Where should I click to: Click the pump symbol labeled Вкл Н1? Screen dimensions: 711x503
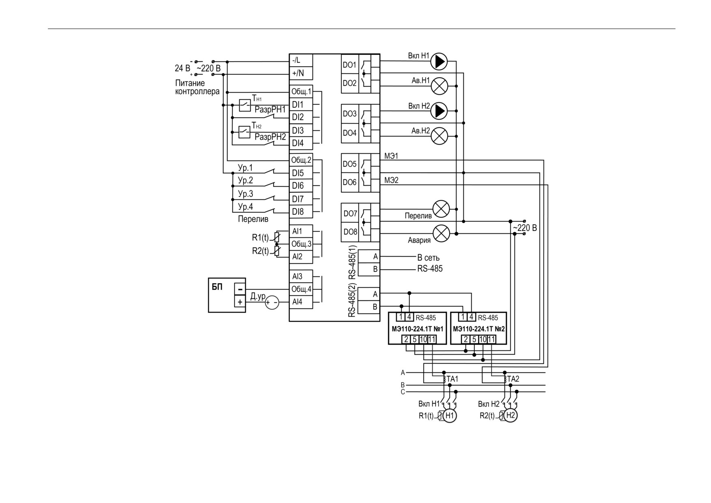(439, 62)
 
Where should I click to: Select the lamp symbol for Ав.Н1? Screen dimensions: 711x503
(439, 86)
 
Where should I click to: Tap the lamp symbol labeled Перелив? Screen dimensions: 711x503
(441, 209)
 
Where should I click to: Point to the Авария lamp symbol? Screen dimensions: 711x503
(442, 233)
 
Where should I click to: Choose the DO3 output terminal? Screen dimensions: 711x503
(349, 114)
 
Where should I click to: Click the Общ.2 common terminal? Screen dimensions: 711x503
(301, 160)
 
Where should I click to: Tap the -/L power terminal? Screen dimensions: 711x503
(301, 60)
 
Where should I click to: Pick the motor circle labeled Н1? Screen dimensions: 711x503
(449, 415)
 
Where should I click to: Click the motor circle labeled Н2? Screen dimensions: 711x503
(510, 415)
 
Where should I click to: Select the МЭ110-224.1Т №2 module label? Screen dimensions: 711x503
(479, 329)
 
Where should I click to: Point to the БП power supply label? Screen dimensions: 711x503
(217, 287)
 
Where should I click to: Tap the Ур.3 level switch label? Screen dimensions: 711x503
(245, 194)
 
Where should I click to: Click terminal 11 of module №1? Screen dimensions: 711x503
(432, 339)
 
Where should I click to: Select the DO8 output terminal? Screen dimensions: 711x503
(350, 232)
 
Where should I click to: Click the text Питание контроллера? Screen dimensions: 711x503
(197, 87)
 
